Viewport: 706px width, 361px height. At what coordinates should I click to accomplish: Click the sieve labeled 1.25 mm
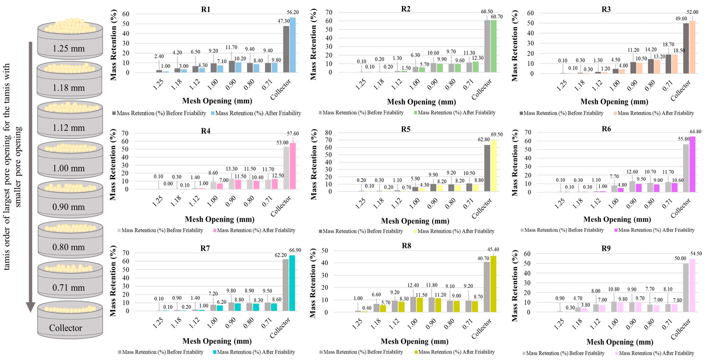pos(70,44)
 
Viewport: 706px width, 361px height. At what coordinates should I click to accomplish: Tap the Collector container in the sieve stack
pos(70,323)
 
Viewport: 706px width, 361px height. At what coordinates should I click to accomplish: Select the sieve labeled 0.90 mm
pos(70,203)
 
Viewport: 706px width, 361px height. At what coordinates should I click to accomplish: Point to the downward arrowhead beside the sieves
pos(30,306)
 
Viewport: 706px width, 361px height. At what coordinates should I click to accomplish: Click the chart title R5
pos(405,129)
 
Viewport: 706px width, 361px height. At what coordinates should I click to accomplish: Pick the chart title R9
pos(606,248)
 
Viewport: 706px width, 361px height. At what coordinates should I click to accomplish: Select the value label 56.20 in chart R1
pos(292,12)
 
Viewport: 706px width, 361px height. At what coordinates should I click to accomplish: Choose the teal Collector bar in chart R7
pos(292,283)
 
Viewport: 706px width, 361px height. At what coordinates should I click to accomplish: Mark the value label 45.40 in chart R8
pos(493,249)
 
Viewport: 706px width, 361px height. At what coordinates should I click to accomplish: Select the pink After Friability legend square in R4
pos(215,230)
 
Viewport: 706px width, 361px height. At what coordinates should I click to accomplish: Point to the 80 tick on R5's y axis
pos(328,133)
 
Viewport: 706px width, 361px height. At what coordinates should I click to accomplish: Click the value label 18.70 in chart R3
pos(668,44)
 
